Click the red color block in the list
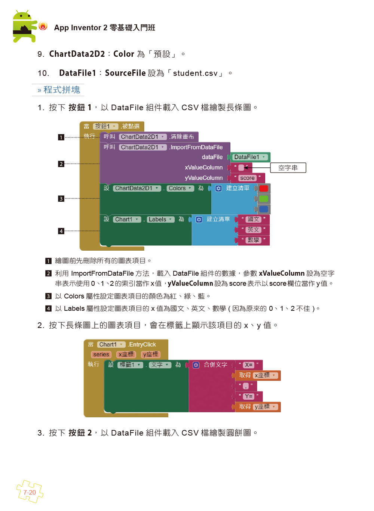[x=263, y=188]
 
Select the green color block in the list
[x=263, y=199]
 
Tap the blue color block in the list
[x=263, y=209]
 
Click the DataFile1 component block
[x=250, y=157]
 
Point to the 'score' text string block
[x=248, y=178]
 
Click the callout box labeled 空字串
[x=288, y=168]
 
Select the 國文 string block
[x=253, y=220]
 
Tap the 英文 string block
[x=253, y=230]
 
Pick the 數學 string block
[x=253, y=240]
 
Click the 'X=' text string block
[x=249, y=365]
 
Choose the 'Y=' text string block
[x=249, y=396]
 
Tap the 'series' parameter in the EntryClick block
[x=101, y=354]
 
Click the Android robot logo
[x=25, y=26]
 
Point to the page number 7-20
[x=30, y=492]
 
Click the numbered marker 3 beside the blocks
[x=61, y=199]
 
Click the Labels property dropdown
[x=160, y=220]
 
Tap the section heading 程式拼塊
[x=62, y=90]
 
